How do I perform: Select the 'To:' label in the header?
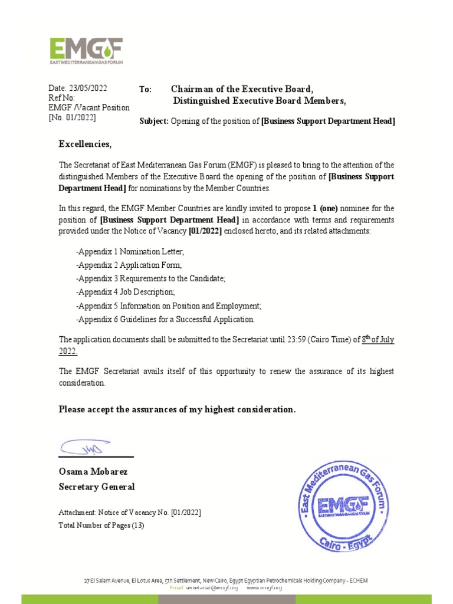click(146, 89)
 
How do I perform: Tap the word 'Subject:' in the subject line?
click(154, 121)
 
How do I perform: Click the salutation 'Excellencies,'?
click(84, 145)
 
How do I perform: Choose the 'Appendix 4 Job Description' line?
click(125, 293)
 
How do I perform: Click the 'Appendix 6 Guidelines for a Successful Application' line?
click(165, 320)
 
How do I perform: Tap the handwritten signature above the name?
click(83, 447)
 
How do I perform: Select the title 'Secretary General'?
click(96, 487)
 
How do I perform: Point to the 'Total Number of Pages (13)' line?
click(101, 525)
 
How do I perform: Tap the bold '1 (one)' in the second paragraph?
click(325, 208)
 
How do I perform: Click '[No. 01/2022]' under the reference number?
click(71, 118)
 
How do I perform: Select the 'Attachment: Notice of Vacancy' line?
click(129, 513)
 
